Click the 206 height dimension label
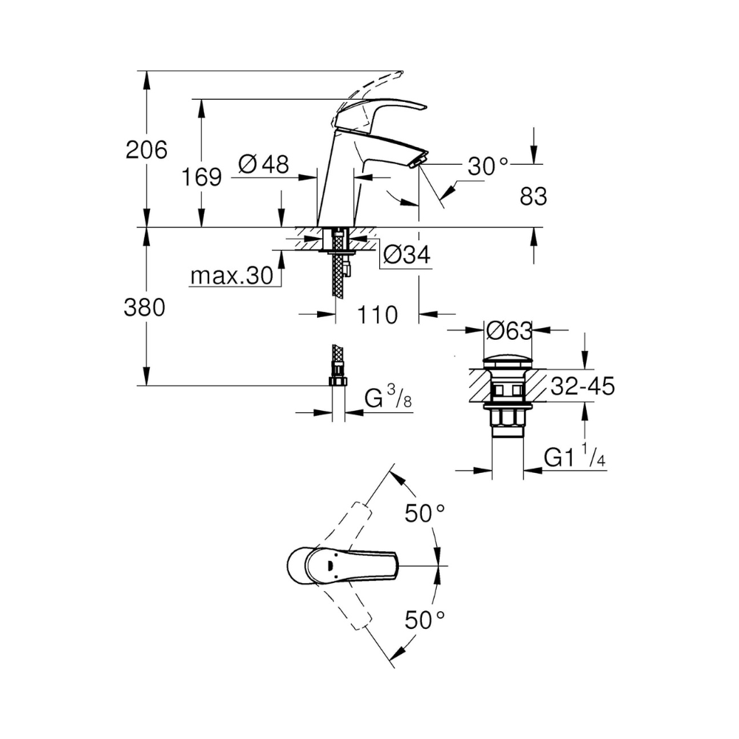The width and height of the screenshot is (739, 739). (x=146, y=150)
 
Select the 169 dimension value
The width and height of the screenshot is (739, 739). (x=202, y=177)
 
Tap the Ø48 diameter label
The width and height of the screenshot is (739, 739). (x=264, y=165)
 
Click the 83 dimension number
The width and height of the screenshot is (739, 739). (x=534, y=197)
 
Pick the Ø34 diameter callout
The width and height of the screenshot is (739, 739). (x=406, y=255)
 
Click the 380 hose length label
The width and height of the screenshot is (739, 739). (x=145, y=307)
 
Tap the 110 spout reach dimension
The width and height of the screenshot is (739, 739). (x=378, y=315)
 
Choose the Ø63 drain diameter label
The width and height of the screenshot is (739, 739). (x=509, y=331)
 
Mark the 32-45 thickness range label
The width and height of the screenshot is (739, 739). (x=583, y=386)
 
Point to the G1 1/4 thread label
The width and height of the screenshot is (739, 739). (x=574, y=456)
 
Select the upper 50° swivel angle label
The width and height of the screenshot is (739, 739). (x=425, y=514)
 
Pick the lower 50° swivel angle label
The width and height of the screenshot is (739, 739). (x=425, y=620)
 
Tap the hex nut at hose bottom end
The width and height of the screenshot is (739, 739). (x=338, y=381)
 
